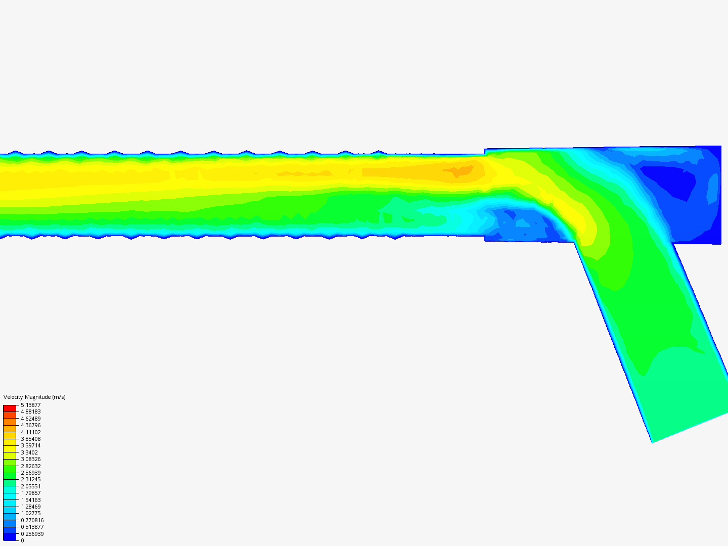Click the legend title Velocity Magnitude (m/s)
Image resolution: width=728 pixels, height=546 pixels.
click(34, 397)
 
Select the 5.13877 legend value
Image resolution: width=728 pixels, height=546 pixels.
click(30, 405)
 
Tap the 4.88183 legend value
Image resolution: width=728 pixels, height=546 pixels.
click(30, 412)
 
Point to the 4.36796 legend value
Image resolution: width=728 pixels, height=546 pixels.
click(30, 425)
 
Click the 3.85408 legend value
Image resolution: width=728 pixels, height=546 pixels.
click(30, 439)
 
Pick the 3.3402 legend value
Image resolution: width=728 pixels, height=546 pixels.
click(29, 452)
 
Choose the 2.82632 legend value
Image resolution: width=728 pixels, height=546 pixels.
click(30, 466)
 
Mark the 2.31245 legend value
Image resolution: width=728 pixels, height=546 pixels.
click(30, 479)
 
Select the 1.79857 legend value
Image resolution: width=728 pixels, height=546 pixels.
click(30, 493)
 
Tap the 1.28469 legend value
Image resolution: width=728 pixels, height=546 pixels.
click(30, 507)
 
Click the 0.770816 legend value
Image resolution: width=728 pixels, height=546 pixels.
click(32, 520)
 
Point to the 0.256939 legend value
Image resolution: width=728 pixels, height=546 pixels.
click(32, 534)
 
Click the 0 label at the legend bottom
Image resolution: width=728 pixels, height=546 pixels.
click(22, 540)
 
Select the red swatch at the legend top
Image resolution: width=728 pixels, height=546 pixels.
click(10, 408)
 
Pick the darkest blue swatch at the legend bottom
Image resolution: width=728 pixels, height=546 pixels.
click(10, 537)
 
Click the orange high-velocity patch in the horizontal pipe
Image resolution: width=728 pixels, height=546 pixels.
click(458, 171)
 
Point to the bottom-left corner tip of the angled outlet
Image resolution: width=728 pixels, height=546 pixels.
click(652, 442)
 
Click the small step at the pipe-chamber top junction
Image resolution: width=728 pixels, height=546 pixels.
click(485, 152)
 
